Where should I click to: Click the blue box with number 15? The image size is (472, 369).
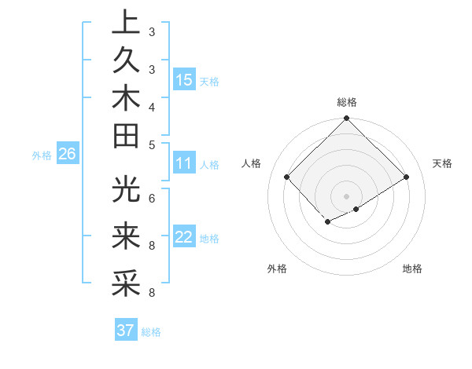pyautogui.click(x=184, y=79)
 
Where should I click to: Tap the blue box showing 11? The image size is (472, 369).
pyautogui.click(x=184, y=164)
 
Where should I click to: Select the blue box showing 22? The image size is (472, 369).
pyautogui.click(x=184, y=237)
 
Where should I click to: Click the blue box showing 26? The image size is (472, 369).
pyautogui.click(x=67, y=154)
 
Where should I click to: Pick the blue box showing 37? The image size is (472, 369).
pyautogui.click(x=126, y=331)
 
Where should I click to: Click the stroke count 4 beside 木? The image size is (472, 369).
pyautogui.click(x=152, y=106)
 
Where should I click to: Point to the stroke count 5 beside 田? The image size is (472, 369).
pyautogui.click(x=152, y=144)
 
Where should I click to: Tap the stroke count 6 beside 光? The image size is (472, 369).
pyautogui.click(x=152, y=197)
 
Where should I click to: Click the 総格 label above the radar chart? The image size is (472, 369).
pyautogui.click(x=347, y=102)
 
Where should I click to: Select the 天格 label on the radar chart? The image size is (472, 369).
pyautogui.click(x=442, y=163)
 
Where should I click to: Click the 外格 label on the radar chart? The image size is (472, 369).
pyautogui.click(x=277, y=269)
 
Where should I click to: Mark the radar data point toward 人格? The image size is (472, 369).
pyautogui.click(x=287, y=177)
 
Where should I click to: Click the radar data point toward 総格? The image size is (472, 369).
pyautogui.click(x=347, y=119)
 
